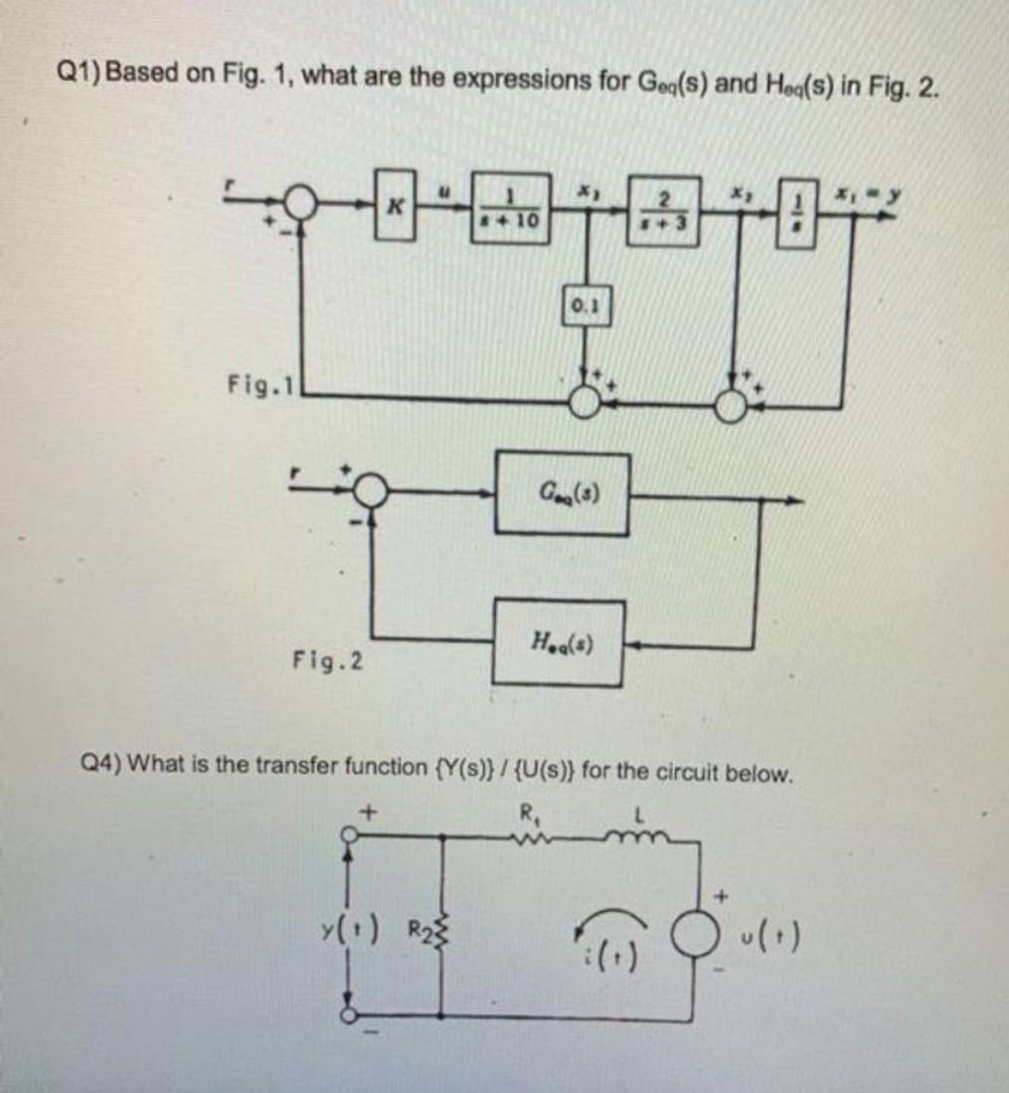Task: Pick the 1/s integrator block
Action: tap(803, 213)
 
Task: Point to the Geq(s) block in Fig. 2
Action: tap(563, 494)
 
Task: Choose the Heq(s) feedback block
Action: tap(562, 642)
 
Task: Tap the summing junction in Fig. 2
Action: tap(372, 490)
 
